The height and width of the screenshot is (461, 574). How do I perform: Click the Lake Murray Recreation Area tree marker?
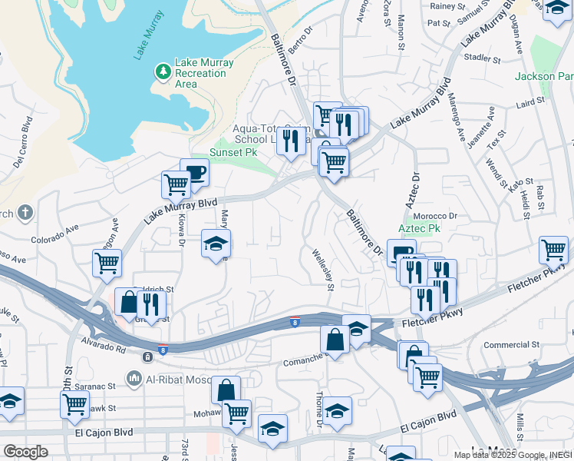tap(163, 72)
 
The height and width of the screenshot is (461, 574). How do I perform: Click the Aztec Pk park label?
tap(419, 228)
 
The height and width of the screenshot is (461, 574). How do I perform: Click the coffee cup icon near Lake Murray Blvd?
tap(195, 172)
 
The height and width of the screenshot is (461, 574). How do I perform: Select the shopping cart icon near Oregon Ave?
tap(107, 263)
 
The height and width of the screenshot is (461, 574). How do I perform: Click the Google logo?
tap(25, 452)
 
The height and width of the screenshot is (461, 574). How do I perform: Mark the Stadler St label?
tap(483, 58)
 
